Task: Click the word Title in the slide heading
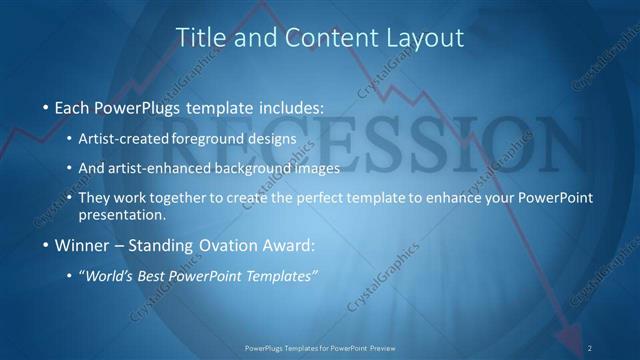(x=200, y=38)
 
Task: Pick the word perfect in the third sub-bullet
(x=335, y=198)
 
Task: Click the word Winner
(x=81, y=245)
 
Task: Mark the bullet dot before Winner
(x=46, y=245)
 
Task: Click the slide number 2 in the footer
(x=590, y=347)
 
